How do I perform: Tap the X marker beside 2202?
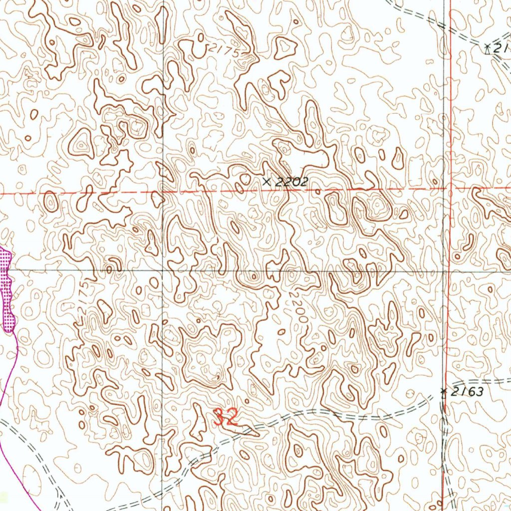[x=267, y=182]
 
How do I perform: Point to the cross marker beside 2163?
[x=443, y=392]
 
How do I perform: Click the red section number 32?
[x=226, y=417]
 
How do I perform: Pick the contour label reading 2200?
[x=295, y=307]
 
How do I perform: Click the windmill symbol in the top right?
[x=488, y=48]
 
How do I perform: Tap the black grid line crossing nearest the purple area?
[x=163, y=270]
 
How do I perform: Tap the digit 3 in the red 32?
[x=219, y=417]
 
